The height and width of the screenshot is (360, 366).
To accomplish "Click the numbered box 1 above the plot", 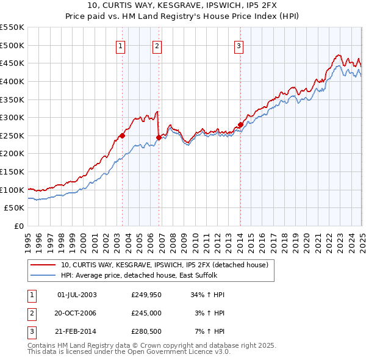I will pos(120,46).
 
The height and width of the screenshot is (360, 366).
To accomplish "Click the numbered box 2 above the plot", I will pos(157,46).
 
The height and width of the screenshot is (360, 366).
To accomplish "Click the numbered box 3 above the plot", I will pos(239,46).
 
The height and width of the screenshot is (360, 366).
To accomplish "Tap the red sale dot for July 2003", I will pos(122,135).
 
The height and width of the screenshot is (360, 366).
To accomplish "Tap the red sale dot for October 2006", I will pos(159,137).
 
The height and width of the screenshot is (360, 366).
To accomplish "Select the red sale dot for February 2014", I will pos(240,124).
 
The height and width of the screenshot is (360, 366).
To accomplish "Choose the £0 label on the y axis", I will pos(18,226).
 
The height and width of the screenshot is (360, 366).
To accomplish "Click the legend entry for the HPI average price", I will pos(144,275).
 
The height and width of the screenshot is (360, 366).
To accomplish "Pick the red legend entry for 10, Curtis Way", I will pos(168,265).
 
